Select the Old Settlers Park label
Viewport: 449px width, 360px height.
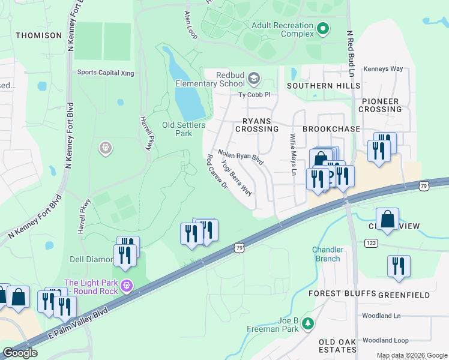coord(184,129)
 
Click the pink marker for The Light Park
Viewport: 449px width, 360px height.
coord(125,286)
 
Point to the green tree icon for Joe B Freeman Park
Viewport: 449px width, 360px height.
coord(308,324)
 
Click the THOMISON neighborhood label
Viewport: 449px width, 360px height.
coord(38,35)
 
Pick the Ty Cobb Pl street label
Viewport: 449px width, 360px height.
coord(255,95)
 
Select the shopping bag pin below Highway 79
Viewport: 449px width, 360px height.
coord(388,219)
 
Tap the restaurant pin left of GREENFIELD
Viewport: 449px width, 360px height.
coord(399,266)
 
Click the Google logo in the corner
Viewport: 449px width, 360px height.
coord(20,353)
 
